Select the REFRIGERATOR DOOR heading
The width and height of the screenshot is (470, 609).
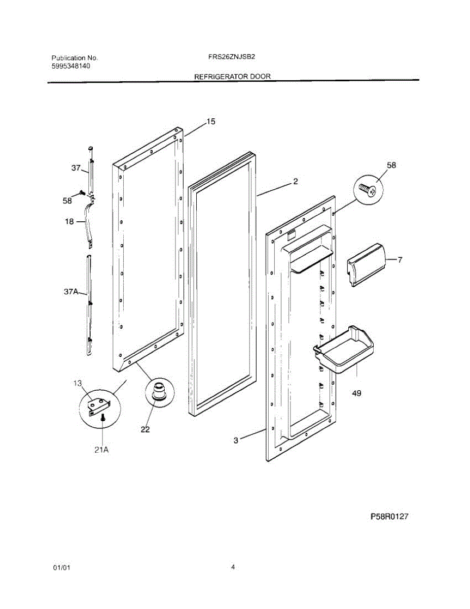coord(232,77)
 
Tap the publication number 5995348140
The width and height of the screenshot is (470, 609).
coord(71,66)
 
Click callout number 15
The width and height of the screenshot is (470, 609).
coord(210,121)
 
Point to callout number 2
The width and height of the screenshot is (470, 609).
coord(296,181)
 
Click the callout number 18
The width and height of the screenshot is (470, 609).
coord(69,221)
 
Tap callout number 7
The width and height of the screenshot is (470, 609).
coord(400,260)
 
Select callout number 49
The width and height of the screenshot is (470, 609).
coord(356,393)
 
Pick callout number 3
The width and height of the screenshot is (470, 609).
coord(236,441)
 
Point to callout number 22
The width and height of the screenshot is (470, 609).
coord(146,429)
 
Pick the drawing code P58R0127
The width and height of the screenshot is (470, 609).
coord(389,517)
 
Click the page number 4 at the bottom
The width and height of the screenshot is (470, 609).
coord(233,567)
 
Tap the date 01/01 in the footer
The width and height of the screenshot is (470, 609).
coord(61,568)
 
